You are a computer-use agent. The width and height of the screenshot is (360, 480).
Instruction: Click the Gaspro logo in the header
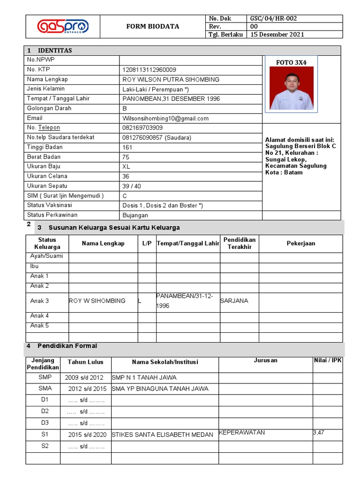[63, 26]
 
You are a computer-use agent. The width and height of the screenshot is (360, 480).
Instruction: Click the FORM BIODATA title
[153, 26]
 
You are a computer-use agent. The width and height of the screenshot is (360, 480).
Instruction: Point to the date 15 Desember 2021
[277, 34]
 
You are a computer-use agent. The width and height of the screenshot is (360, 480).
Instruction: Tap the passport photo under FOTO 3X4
[291, 88]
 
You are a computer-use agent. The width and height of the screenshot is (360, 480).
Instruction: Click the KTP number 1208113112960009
[149, 70]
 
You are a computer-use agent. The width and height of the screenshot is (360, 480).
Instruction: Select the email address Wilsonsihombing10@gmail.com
[165, 119]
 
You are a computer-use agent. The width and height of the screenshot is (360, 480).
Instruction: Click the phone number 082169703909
[142, 128]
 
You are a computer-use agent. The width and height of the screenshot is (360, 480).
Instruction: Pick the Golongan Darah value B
[125, 109]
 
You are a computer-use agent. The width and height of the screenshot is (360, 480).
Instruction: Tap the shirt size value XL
[126, 167]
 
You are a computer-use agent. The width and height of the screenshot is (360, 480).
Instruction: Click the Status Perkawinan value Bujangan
[135, 216]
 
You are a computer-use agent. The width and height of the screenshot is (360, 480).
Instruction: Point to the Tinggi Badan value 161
[127, 148]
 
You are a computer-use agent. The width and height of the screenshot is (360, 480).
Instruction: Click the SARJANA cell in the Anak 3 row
[234, 301]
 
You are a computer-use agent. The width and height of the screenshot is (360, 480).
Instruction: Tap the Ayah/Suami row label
[46, 256]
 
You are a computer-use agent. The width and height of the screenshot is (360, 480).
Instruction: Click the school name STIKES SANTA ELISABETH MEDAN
[162, 435]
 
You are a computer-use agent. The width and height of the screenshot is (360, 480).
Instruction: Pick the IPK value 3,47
[318, 433]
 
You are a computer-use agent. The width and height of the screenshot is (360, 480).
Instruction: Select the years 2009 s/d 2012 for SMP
[84, 378]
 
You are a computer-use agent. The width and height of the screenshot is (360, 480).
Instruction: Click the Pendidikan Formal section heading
[67, 346]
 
